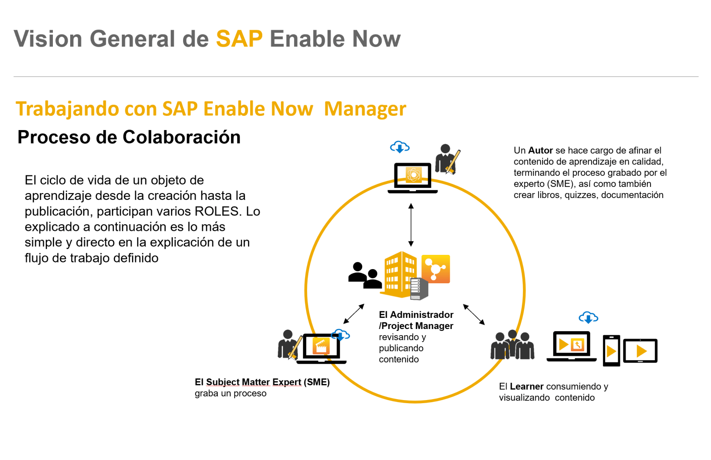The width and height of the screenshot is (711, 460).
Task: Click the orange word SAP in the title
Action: [239, 39]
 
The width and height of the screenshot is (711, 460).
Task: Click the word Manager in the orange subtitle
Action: [365, 109]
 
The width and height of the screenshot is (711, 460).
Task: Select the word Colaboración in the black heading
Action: [182, 137]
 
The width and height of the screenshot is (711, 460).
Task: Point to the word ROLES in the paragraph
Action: [218, 211]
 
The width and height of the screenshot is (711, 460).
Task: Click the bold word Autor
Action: [540, 151]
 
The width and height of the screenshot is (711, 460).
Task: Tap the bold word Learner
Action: [527, 386]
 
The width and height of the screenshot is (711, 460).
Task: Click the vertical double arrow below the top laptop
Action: [411, 225]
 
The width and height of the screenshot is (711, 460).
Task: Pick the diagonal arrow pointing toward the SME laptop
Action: [354, 314]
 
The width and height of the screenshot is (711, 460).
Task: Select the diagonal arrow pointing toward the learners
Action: [474, 314]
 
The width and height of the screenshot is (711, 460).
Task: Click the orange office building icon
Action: [399, 274]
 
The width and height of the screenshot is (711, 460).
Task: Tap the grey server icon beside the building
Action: [419, 289]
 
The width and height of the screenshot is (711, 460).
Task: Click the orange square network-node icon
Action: [435, 269]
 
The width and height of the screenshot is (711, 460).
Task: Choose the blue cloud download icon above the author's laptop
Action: [399, 147]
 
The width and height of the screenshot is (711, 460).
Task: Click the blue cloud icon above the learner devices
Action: [588, 317]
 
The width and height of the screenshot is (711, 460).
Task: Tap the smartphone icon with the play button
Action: [611, 351]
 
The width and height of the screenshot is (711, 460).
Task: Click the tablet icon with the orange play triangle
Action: [640, 351]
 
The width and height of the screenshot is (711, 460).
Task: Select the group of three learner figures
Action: [512, 345]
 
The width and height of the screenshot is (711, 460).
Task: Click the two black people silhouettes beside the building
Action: [365, 276]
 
